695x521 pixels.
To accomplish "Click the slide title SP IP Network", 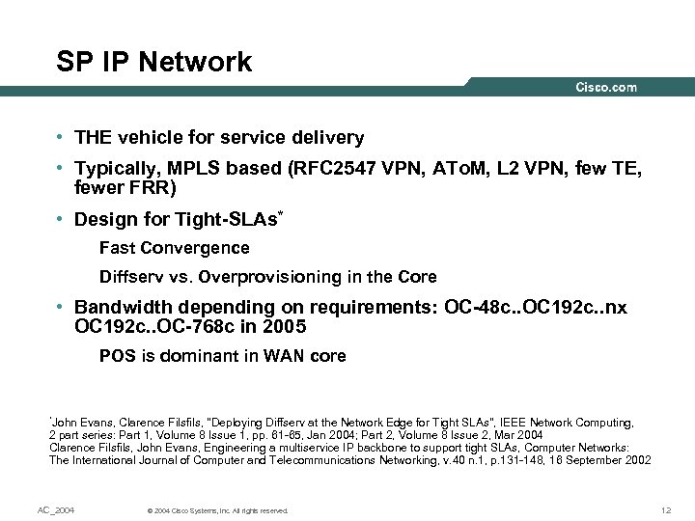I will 154,63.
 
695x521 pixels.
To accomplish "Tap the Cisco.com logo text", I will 606,88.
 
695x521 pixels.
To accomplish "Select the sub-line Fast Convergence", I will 175,248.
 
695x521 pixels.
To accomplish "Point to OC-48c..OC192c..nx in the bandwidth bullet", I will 536,309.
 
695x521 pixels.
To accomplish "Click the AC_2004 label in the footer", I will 56,509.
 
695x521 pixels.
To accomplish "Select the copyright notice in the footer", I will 214,510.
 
